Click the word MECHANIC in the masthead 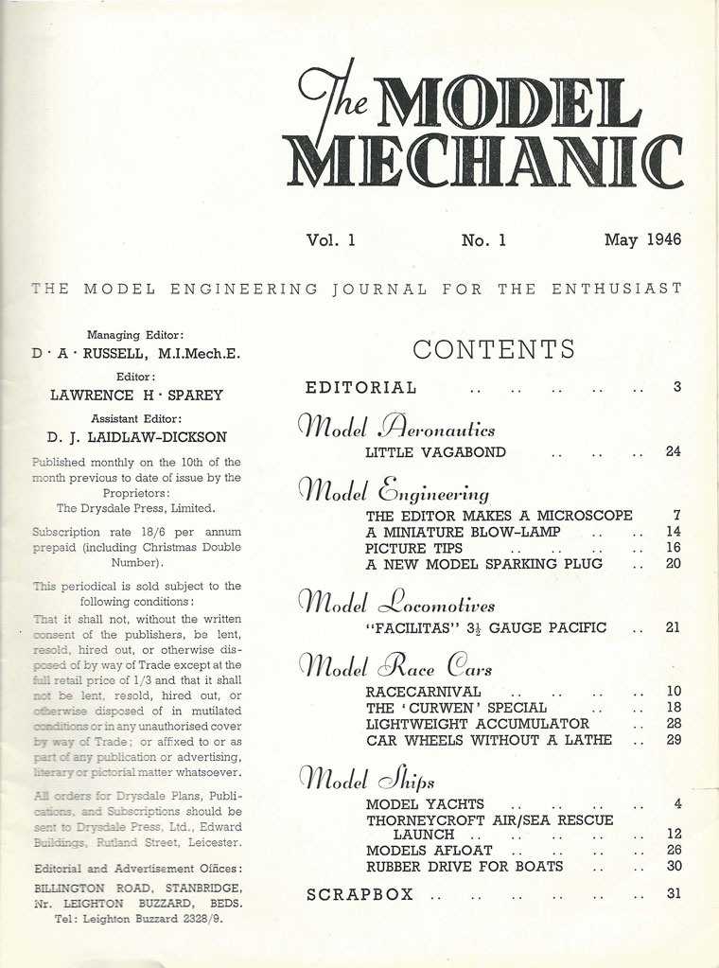(x=486, y=162)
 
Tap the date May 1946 (x=642, y=240)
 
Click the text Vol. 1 (x=330, y=240)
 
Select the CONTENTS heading (x=494, y=349)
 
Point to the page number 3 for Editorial (x=676, y=386)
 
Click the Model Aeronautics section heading (x=396, y=425)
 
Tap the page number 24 (x=673, y=452)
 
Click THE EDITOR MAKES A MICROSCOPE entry (x=499, y=516)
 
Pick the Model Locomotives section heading (x=396, y=601)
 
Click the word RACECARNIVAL (x=423, y=692)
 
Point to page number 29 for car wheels (x=673, y=740)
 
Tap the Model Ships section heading (x=367, y=778)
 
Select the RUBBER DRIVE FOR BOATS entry (x=464, y=866)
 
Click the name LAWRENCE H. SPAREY (x=135, y=396)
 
